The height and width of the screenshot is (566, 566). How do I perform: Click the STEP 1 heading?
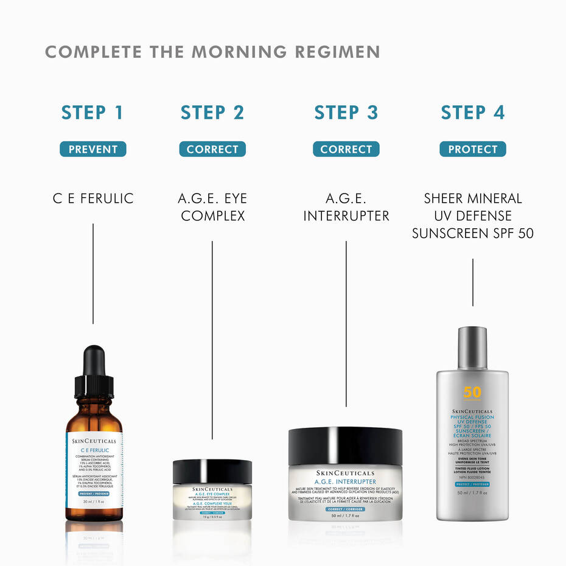(92, 113)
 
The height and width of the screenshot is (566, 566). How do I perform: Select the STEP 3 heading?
(346, 113)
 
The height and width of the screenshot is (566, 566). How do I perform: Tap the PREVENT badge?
(93, 149)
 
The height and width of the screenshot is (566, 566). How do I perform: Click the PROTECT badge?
(472, 149)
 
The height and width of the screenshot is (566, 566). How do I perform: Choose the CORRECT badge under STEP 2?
(212, 149)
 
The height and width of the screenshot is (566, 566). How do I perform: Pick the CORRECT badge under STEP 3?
(346, 149)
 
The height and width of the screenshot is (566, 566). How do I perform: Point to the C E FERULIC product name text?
(93, 198)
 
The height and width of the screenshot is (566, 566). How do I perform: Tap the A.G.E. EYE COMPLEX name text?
(212, 207)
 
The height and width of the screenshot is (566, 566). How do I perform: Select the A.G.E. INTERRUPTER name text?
(346, 207)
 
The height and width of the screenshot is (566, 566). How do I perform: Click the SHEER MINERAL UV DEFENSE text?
(472, 207)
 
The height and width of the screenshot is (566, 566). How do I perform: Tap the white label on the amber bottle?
(93, 469)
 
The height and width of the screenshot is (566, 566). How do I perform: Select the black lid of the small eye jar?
(212, 471)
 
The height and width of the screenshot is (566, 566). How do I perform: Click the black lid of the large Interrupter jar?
(345, 445)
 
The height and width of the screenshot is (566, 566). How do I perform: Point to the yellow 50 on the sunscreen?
(472, 393)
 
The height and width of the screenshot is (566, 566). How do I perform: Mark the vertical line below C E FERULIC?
(93, 274)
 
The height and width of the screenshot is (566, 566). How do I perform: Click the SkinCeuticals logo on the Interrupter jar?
(345, 473)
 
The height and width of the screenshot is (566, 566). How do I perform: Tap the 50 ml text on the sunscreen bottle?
(472, 493)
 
